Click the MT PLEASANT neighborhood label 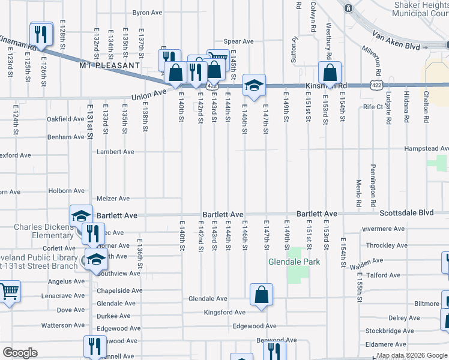(x=109, y=65)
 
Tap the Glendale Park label (x=294, y=262)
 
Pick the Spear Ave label (x=239, y=42)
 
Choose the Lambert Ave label (x=116, y=152)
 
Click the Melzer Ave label (x=113, y=198)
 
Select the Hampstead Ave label (x=426, y=148)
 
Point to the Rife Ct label (x=373, y=107)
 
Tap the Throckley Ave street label (x=387, y=245)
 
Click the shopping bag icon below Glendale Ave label (x=262, y=295)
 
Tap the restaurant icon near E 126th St (x=40, y=33)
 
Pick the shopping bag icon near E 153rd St (x=330, y=73)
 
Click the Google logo (x=20, y=353)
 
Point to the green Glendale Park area (x=294, y=275)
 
